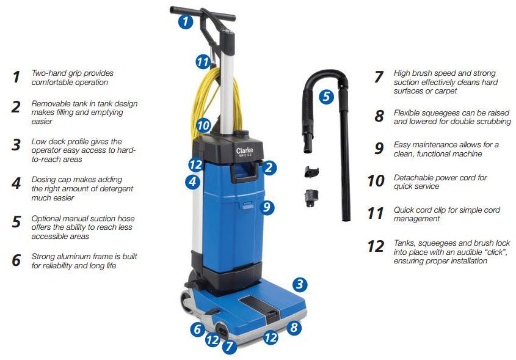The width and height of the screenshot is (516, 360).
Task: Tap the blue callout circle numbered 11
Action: coord(203,62)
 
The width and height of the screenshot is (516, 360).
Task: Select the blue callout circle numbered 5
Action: coord(326,97)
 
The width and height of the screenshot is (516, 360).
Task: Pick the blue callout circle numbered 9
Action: coord(267,207)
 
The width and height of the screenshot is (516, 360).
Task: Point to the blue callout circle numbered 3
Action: coord(300,284)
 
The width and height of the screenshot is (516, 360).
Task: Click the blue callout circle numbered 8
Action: coord(294,328)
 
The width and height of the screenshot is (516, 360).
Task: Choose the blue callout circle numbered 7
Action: coord(229,347)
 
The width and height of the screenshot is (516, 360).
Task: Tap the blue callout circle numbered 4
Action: coord(192,182)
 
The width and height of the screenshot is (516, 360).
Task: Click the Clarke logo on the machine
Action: coord(244,151)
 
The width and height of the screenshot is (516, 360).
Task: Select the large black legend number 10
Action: coord(376,181)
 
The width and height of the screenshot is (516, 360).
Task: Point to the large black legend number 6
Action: coord(16,260)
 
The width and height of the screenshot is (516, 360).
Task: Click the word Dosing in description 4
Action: coord(44,180)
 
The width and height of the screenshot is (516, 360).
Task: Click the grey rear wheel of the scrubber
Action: coord(187,301)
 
